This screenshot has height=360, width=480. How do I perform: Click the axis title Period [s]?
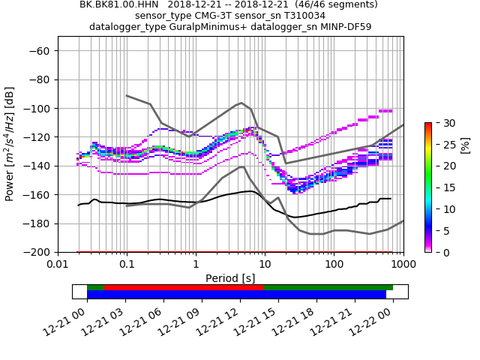[230, 278]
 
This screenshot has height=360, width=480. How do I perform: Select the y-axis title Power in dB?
[10, 144]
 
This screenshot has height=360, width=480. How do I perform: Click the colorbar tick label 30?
[442, 123]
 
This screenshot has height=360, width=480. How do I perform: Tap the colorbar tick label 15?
[442, 187]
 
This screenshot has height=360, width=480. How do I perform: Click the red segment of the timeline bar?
[184, 287]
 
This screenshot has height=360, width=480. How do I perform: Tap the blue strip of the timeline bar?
[236, 295]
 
